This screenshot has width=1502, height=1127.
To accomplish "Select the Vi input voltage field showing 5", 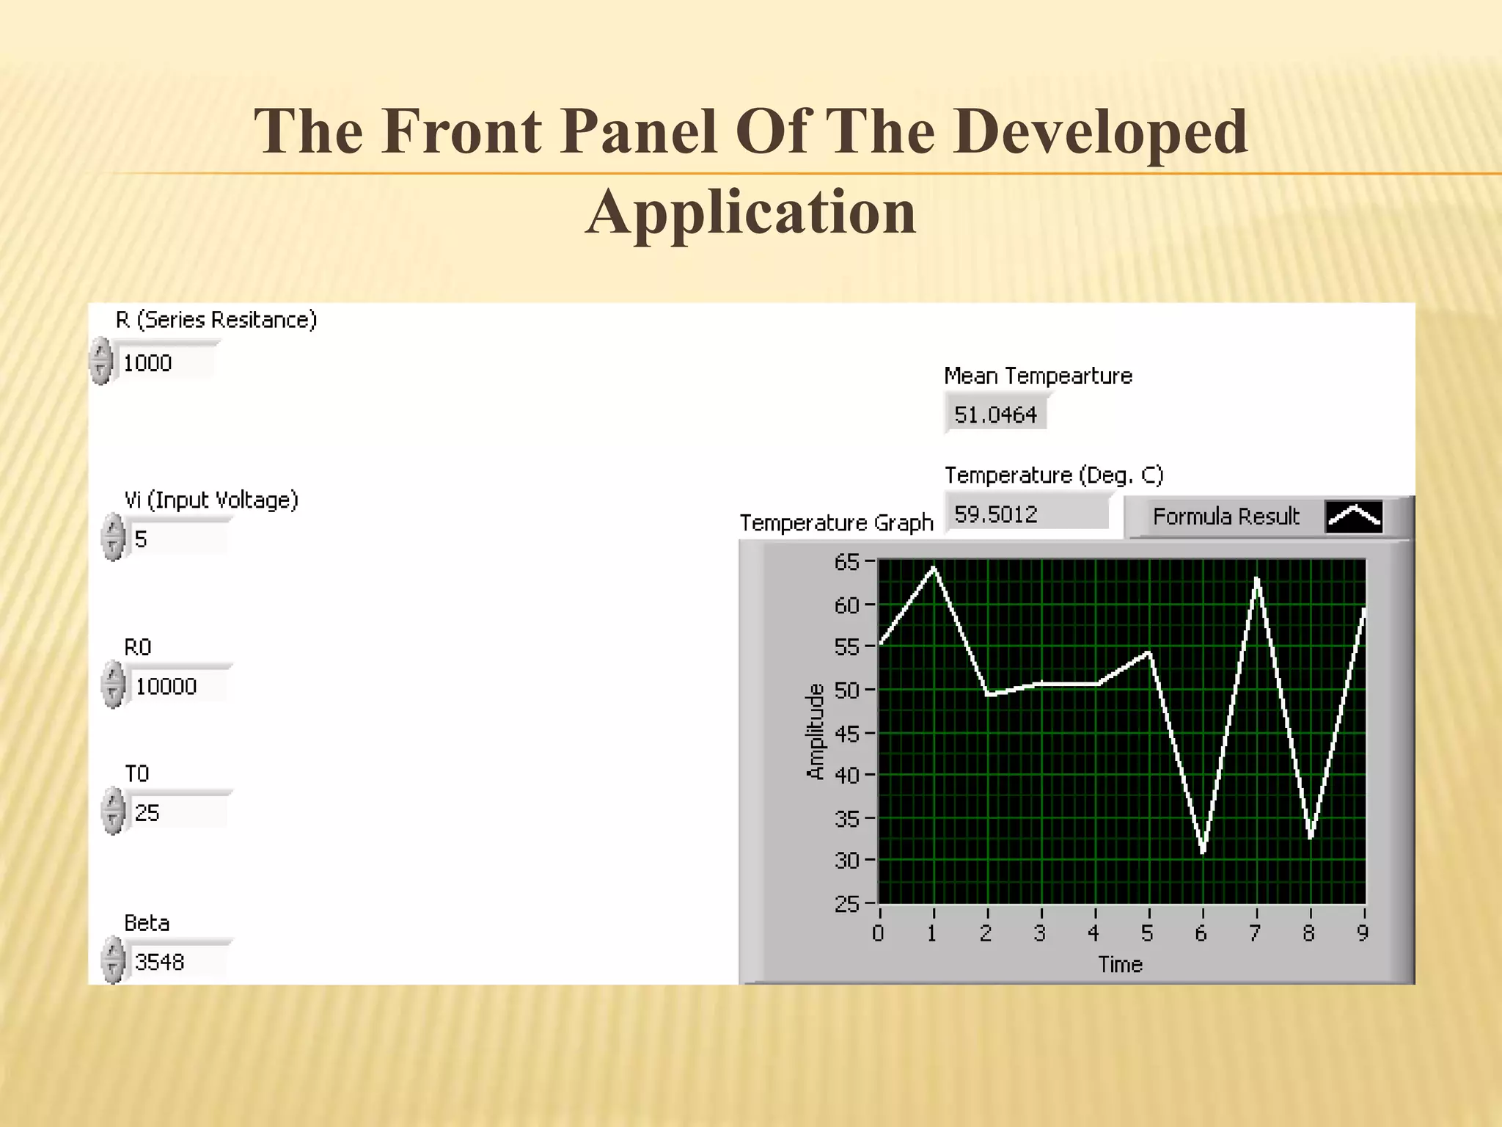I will [176, 539].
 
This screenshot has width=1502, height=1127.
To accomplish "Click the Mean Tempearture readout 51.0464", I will [995, 415].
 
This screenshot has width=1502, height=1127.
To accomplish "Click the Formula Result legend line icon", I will [1354, 517].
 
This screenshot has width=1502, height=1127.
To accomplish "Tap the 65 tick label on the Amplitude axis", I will [846, 562].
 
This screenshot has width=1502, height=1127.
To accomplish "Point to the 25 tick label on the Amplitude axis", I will [846, 903].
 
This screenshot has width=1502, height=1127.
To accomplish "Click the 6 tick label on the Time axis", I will [1201, 933].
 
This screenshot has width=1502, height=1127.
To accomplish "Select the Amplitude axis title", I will [815, 731].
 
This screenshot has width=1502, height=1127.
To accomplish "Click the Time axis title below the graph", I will [1120, 964].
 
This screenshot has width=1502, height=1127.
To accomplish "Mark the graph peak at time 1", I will [934, 567].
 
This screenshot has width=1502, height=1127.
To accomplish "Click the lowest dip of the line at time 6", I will [1204, 852].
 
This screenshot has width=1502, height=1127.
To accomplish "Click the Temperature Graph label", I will [836, 522].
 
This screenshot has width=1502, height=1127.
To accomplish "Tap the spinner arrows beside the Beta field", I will [113, 961].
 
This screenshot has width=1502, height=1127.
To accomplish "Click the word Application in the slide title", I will [750, 211].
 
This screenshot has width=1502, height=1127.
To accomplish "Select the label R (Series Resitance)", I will [216, 320].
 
